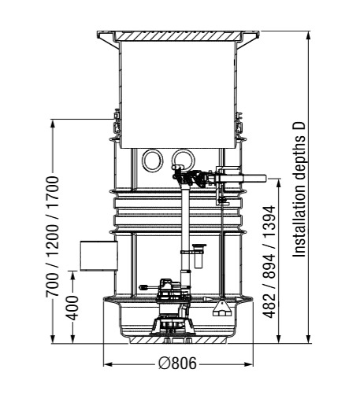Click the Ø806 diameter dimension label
177,364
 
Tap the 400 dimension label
72,308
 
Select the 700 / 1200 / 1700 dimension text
52,237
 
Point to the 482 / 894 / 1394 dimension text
269,262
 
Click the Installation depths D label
299,190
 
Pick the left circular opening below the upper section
153,161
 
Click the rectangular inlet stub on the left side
98,256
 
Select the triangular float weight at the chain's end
222,309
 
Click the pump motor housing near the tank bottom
171,290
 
